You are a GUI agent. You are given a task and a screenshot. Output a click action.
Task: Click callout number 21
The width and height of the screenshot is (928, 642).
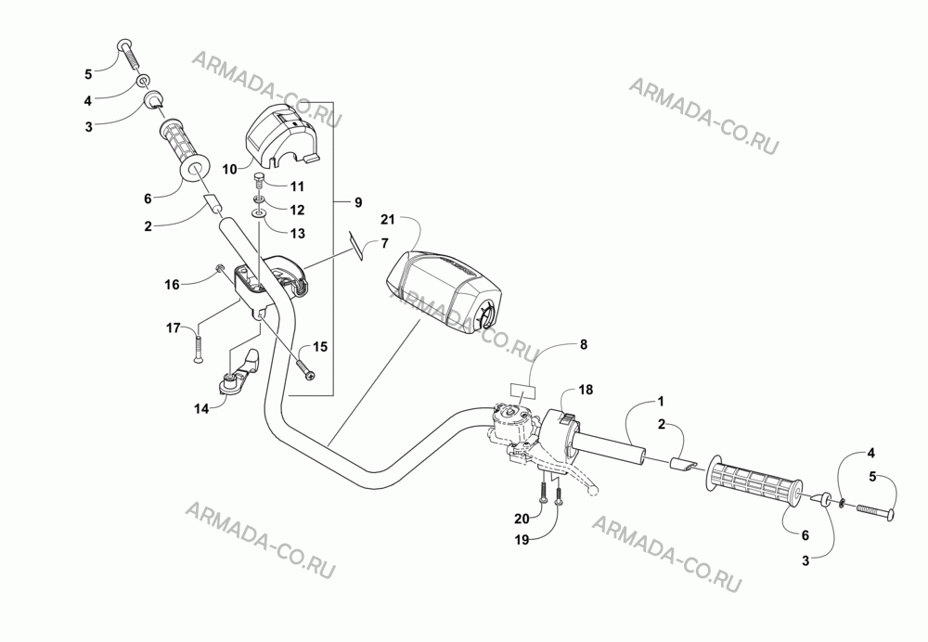tap(388, 220)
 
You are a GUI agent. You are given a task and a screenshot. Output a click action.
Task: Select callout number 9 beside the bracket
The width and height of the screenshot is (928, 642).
tap(358, 202)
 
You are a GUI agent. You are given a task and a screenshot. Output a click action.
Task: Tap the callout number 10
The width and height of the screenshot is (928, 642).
tap(229, 169)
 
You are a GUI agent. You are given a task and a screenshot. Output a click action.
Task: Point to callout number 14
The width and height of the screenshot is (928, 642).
tap(201, 408)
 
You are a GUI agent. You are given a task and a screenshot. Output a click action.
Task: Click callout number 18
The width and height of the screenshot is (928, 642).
tap(586, 390)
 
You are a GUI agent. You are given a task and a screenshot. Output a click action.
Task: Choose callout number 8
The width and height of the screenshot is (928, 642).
tap(584, 344)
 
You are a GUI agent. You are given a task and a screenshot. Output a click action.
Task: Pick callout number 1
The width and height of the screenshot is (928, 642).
tap(661, 401)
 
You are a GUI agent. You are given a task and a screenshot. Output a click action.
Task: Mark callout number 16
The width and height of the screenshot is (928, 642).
tap(172, 285)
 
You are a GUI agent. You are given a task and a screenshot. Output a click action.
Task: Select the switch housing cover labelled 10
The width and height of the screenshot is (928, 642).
tap(281, 134)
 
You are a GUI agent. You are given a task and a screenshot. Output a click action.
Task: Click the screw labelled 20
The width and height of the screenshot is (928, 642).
tap(542, 491)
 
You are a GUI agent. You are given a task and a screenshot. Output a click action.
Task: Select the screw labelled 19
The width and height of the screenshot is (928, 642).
tap(558, 492)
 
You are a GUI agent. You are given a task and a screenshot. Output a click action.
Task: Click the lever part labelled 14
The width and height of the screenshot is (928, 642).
tap(239, 373)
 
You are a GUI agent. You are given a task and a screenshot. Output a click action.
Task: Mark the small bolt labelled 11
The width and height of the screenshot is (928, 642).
tap(260, 181)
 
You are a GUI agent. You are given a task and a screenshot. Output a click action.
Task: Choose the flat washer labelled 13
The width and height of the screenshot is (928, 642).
tap(259, 212)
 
